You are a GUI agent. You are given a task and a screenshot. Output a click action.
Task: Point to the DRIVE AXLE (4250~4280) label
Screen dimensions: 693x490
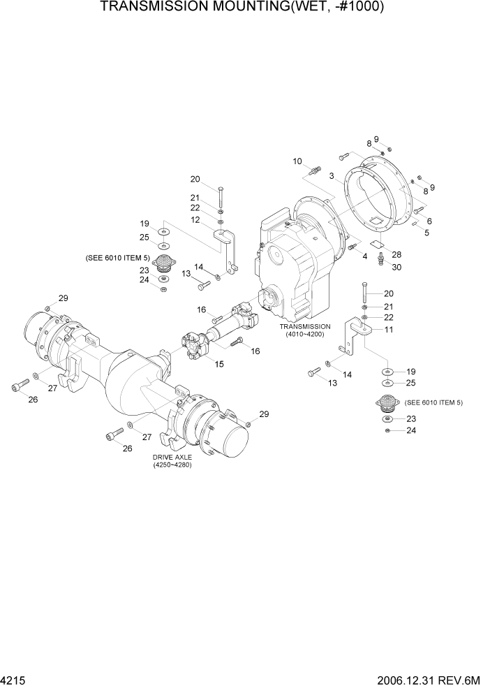click(172, 461)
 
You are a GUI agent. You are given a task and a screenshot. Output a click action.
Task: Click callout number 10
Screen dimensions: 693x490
click(297, 161)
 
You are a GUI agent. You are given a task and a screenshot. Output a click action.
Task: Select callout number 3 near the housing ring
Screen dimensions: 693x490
click(332, 176)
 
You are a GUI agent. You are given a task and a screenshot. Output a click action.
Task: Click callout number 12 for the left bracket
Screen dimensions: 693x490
click(196, 220)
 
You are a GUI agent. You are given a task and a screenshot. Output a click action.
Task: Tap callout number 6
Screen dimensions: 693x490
click(429, 221)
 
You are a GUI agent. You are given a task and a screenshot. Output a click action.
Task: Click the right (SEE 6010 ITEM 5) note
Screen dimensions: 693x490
click(433, 402)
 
